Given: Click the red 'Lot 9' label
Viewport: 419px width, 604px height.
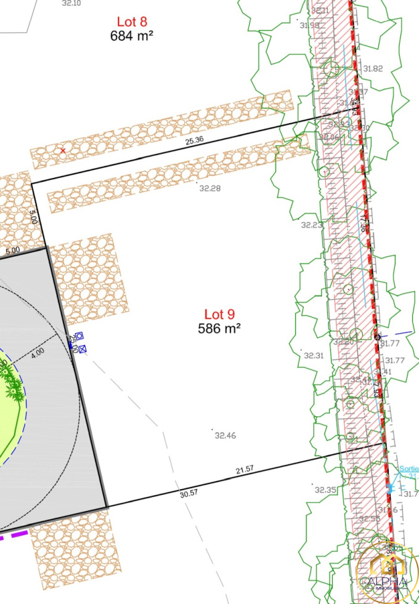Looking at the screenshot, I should pos(219,315).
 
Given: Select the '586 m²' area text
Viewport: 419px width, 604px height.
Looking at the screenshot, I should pos(219,328).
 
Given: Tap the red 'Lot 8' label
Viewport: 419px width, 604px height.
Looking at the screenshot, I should pos(132,23).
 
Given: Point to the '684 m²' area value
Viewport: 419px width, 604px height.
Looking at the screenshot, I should pos(132,35).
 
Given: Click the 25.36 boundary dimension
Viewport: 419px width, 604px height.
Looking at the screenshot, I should pos(194,140).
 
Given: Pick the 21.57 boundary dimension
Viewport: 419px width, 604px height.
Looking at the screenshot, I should pos(245,470).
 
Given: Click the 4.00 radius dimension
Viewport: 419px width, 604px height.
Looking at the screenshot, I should pos(38,352).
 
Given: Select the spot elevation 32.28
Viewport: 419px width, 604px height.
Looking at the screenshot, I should pos(209,188).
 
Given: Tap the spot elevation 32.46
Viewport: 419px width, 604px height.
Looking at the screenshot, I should pos(225,435).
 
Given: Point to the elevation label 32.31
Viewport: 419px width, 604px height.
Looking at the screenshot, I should pos(314,355).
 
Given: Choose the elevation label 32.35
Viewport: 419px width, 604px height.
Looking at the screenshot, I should pos(325,490).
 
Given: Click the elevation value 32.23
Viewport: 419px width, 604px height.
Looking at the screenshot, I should pos(312,225).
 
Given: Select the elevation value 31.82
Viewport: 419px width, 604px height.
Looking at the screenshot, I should pos(373,69).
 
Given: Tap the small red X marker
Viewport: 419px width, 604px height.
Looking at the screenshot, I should pos(62,150).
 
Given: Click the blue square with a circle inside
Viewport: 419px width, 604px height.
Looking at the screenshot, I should pos(79,336).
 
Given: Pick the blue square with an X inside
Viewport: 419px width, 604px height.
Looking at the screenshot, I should pos(83,349).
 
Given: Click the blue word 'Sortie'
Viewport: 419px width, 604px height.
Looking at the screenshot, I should pos(408,469).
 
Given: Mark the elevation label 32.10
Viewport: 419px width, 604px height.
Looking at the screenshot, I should pos(72,3).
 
